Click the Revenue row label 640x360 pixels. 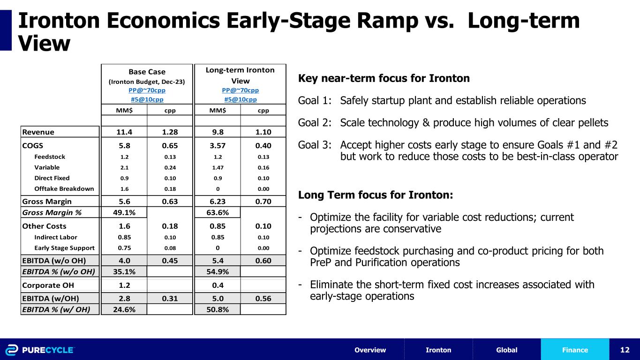(x=38, y=132)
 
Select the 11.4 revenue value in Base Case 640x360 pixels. (x=124, y=132)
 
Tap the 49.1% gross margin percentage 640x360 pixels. (x=124, y=212)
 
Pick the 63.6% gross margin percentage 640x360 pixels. (x=217, y=212)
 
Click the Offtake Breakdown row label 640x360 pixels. (x=64, y=189)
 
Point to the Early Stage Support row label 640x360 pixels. (x=64, y=248)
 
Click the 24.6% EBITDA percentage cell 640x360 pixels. (x=124, y=309)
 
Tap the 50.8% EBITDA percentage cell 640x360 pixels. (x=217, y=309)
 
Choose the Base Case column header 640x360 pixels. (x=147, y=72)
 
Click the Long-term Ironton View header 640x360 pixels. (x=240, y=75)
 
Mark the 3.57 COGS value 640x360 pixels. (x=217, y=145)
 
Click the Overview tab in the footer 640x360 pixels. (x=370, y=350)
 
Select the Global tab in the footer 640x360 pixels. (x=506, y=350)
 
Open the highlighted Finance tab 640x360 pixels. (x=575, y=350)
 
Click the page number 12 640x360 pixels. (x=624, y=350)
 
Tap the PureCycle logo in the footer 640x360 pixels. (x=40, y=350)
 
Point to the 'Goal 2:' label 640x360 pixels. (x=314, y=123)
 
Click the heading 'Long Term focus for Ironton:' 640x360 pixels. (x=376, y=195)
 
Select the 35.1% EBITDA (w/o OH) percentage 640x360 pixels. (x=124, y=271)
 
